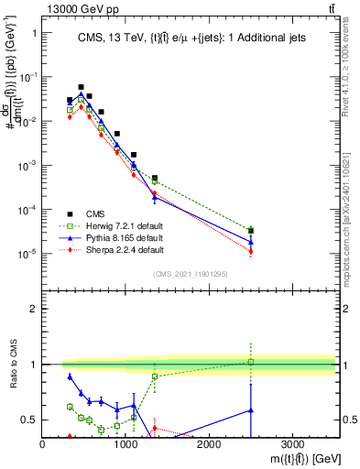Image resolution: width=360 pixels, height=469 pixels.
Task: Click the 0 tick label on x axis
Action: click(43, 444)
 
